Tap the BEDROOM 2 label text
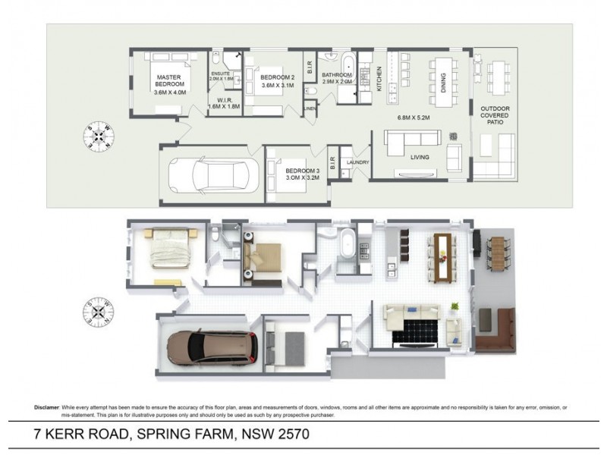277,78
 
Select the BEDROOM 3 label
301,171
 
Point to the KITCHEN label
380,80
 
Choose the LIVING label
419,157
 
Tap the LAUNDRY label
357,162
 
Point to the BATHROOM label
337,75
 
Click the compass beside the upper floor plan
99,136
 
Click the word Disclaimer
49,407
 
